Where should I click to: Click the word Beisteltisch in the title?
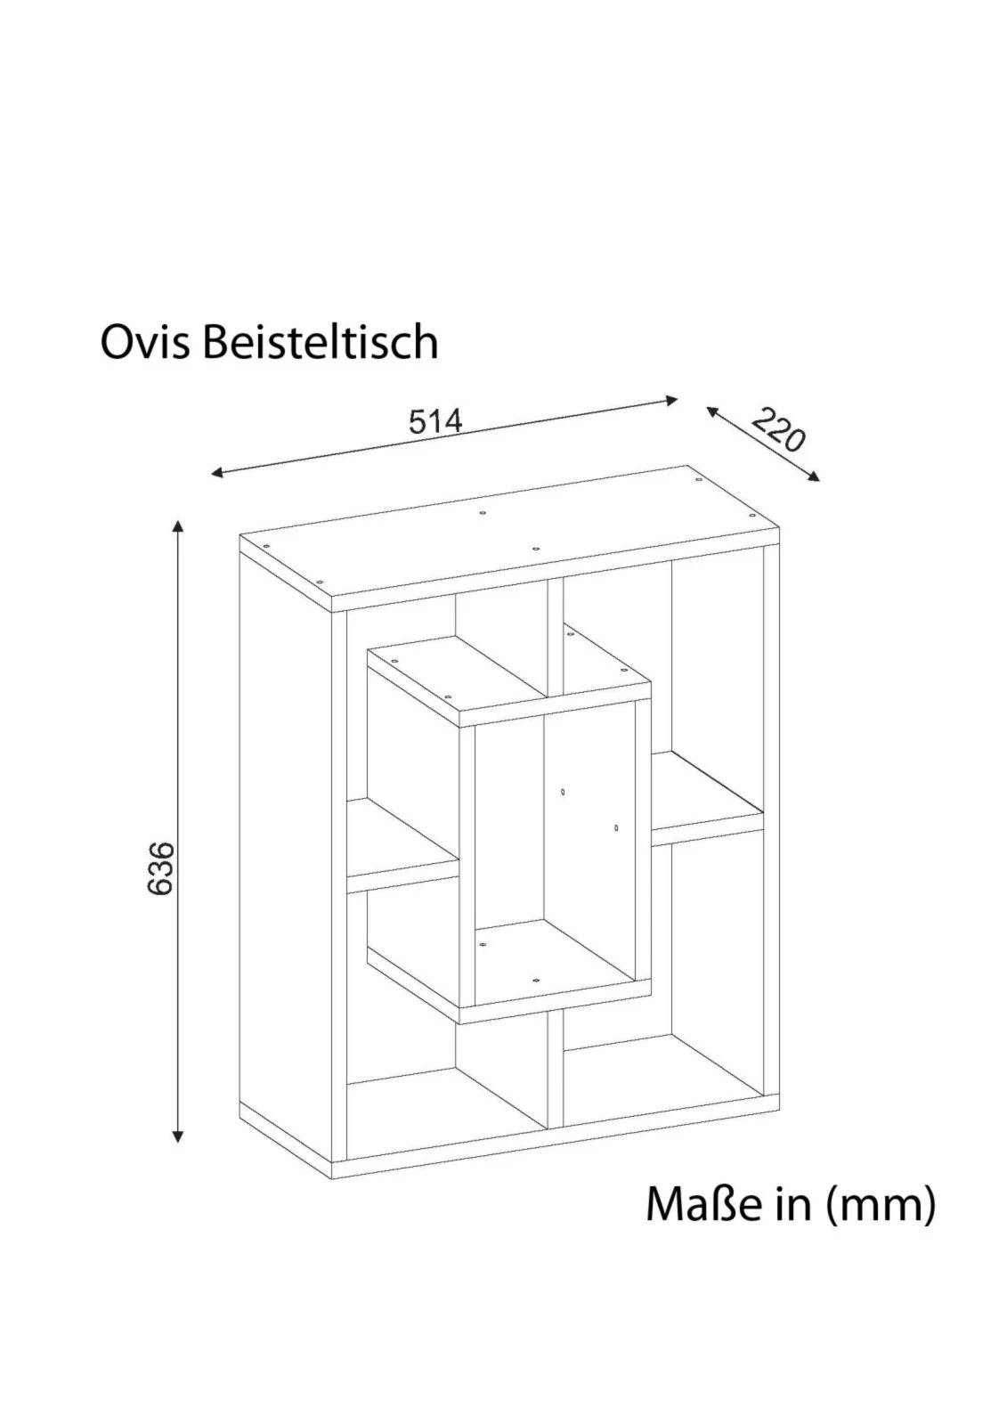321,342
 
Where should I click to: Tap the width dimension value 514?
436,420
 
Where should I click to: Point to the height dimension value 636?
160,867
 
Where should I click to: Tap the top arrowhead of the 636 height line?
178,525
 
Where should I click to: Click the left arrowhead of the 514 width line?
217,472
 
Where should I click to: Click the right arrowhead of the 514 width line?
671,400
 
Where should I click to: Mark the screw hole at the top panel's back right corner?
698,480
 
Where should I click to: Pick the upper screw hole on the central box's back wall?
563,792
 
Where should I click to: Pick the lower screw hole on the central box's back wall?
616,827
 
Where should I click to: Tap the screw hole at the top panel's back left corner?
483,512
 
